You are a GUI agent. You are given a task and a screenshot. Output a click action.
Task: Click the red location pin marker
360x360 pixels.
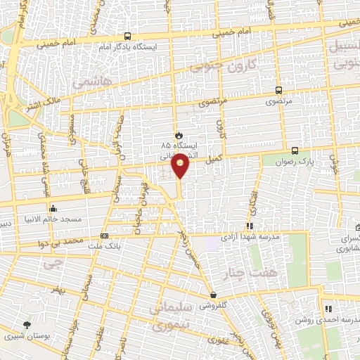click(181, 165)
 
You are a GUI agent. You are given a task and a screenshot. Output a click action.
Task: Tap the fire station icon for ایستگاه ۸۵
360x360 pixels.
click(179, 135)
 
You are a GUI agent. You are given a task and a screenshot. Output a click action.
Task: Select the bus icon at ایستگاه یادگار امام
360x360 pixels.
click(127, 37)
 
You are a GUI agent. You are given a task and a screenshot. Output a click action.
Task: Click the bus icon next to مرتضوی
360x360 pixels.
click(278, 90)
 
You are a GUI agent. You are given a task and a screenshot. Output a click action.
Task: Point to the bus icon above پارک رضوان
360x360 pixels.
click(295, 150)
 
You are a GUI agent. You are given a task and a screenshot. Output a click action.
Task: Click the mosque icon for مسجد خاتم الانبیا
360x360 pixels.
click(53, 208)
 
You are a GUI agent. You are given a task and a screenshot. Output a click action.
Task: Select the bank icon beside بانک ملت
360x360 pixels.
click(105, 236)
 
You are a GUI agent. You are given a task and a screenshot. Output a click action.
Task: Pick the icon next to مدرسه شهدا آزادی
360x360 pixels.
click(248, 226)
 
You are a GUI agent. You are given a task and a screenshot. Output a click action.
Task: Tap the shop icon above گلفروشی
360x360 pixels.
click(213, 295)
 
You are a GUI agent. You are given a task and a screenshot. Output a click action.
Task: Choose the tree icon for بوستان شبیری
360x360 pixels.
click(27, 325)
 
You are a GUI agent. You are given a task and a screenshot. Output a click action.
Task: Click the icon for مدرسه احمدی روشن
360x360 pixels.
click(328, 309)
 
